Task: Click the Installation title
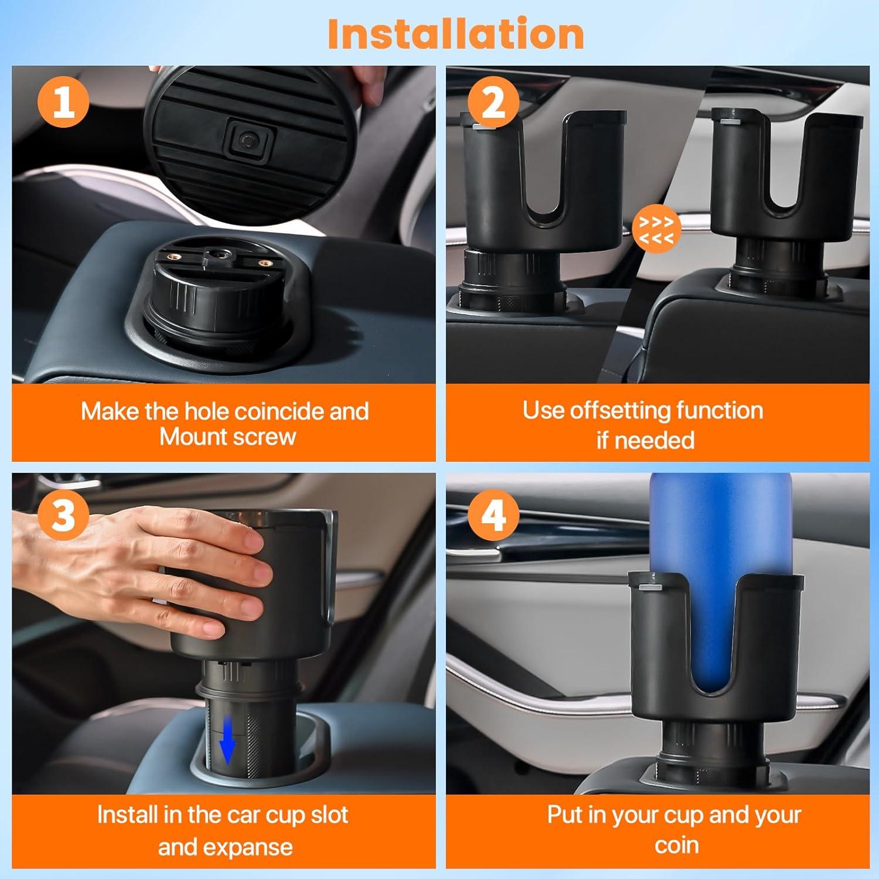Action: coord(456,34)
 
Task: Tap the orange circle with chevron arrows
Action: coord(656,230)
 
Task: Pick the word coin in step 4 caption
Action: coord(676,845)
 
